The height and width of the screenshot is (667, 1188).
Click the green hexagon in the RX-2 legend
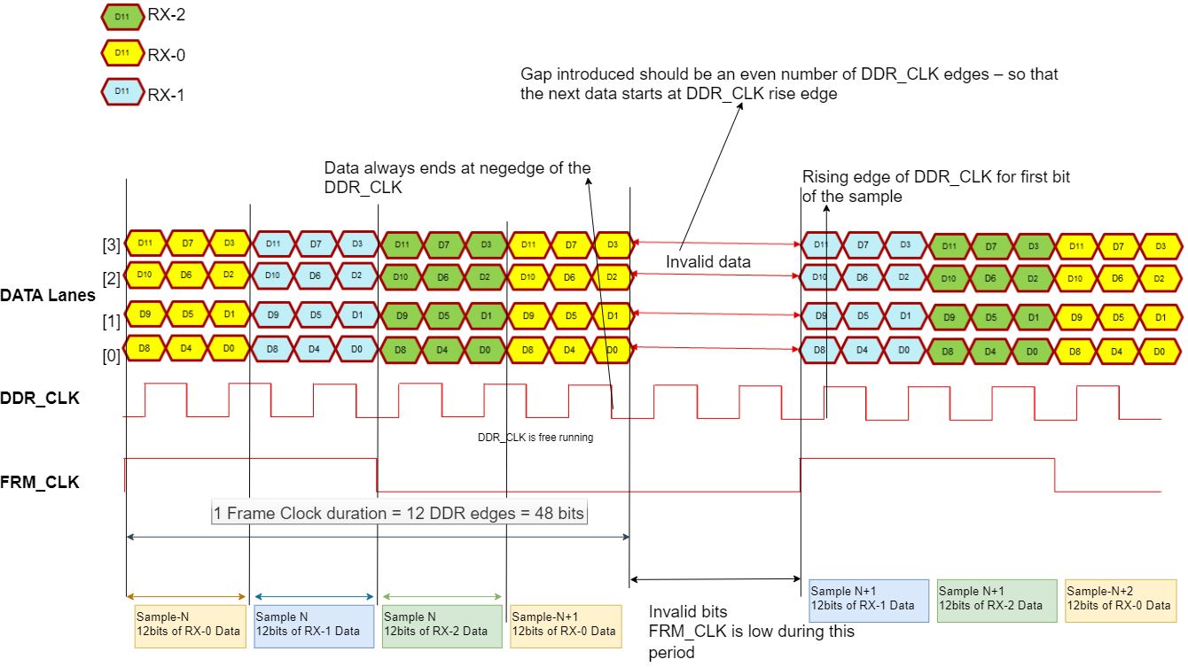coord(121,16)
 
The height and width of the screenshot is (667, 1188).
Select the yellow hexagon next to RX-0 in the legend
coord(121,55)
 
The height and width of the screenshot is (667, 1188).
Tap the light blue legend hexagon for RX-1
coord(121,93)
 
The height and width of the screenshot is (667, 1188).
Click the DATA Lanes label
coord(48,296)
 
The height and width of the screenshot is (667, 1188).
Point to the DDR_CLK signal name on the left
coord(40,399)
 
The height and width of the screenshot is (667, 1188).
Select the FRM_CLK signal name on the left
coord(40,483)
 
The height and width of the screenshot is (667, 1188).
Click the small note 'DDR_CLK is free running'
coord(535,438)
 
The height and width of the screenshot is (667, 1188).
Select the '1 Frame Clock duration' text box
coord(400,513)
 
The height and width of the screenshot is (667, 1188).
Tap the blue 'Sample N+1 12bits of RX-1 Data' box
coord(869,599)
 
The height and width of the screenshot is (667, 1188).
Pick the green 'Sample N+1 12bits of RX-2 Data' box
coord(997,599)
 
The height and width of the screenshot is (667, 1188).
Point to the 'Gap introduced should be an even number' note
coord(789,83)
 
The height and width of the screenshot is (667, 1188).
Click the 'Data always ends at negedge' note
coord(457,177)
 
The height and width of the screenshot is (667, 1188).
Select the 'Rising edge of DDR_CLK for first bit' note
coord(935,186)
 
